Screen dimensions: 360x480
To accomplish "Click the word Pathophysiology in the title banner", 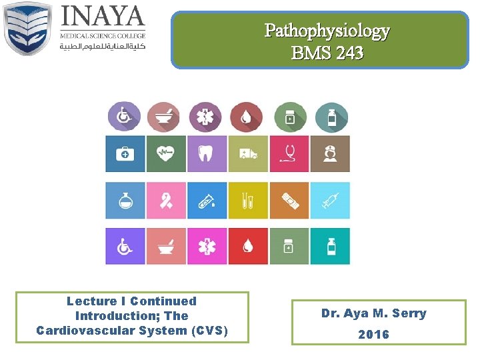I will pos(327,31).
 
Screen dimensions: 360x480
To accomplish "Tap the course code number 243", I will pos(349,53).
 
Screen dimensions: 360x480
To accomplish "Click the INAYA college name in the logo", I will pos(103,16).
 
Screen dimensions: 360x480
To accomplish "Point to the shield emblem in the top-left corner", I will pos(28,29).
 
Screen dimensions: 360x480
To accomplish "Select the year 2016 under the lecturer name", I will pos(373,334).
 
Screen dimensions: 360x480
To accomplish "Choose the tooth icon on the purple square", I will pos(207,154).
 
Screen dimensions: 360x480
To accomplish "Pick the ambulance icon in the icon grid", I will pos(248,154).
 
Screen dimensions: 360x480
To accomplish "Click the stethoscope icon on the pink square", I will pos(289,154).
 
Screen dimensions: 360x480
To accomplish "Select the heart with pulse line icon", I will pos(166,154).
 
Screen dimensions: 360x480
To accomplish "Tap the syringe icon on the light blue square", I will pos(330,200).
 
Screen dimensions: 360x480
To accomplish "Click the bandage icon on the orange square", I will pos(289,200).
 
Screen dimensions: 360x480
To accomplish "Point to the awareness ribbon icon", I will pos(166,200).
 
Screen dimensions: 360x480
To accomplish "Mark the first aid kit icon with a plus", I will pos(125,154).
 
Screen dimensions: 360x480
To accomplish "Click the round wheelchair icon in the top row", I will pos(125,117).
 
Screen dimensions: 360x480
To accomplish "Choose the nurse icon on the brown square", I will pos(330,154).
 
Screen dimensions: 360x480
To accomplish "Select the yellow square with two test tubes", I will pos(248,200).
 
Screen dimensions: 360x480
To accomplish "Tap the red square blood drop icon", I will pos(248,246).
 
